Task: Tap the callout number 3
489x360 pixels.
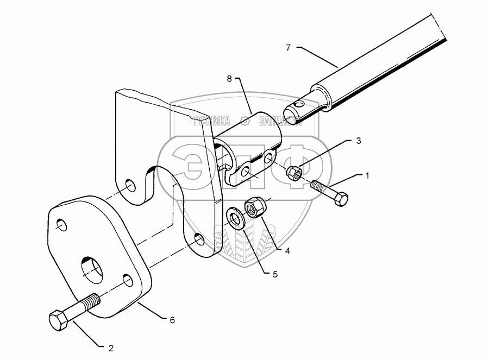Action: coord(359,141)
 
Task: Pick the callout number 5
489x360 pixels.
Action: coord(275,274)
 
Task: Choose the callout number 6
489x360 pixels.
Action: coord(172,320)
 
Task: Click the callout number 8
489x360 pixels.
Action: coord(229,79)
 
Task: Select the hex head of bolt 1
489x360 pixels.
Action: coord(341,199)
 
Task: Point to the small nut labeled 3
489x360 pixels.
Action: coord(294,173)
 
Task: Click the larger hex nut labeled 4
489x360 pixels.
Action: coord(255,207)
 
